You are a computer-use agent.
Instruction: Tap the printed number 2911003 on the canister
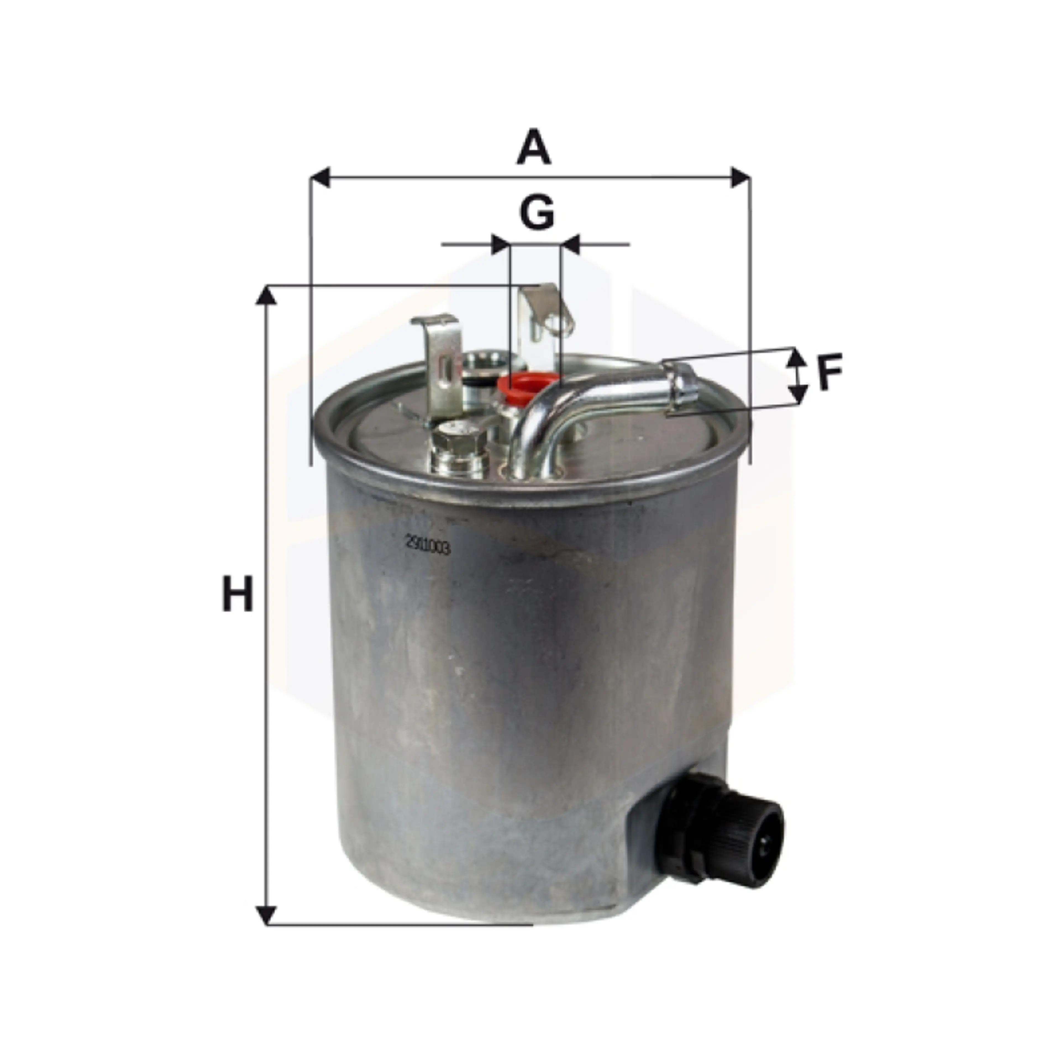point(428,547)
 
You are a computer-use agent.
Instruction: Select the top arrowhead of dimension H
point(266,296)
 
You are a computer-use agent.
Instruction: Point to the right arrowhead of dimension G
point(571,244)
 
